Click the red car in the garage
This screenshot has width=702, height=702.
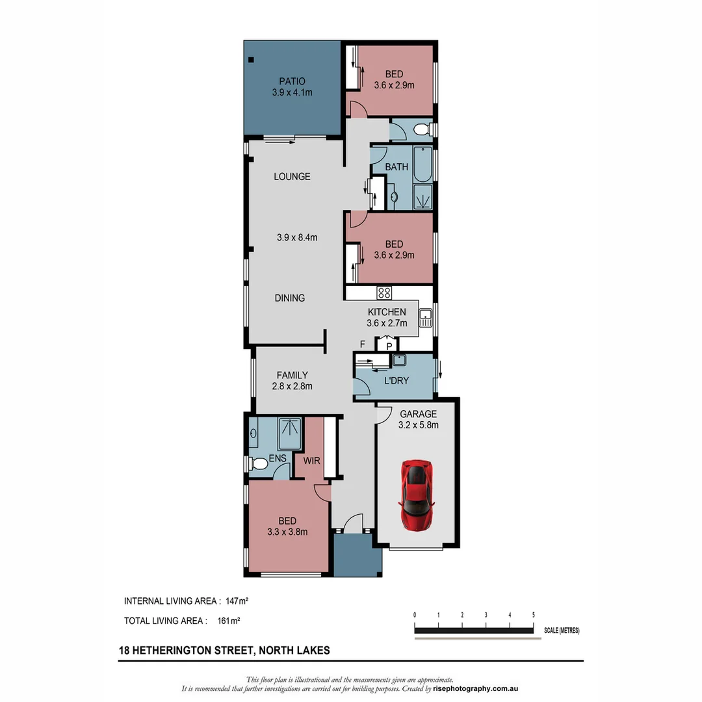click(417, 495)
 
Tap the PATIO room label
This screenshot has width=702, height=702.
click(292, 81)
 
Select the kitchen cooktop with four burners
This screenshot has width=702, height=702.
click(384, 292)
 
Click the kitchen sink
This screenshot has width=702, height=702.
click(425, 317)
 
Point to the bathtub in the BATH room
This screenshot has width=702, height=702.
click(422, 164)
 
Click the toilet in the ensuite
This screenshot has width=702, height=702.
click(257, 463)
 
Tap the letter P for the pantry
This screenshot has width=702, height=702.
click(389, 346)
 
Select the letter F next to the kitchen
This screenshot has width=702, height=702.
click(363, 344)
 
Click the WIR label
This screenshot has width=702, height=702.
click(311, 461)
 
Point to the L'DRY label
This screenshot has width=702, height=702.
click(396, 380)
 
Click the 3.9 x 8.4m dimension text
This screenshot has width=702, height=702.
click(297, 238)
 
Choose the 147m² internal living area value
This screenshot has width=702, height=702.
click(237, 601)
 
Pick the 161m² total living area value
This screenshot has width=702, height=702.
click(229, 621)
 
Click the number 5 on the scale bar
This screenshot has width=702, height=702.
click(533, 615)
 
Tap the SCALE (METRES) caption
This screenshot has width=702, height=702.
click(562, 630)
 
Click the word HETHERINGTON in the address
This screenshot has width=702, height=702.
click(194, 651)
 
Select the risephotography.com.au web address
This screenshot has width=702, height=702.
click(475, 688)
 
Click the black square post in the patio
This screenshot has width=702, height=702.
click(251, 60)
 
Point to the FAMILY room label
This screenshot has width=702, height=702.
click(292, 375)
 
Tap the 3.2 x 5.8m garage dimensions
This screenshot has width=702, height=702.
click(418, 425)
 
